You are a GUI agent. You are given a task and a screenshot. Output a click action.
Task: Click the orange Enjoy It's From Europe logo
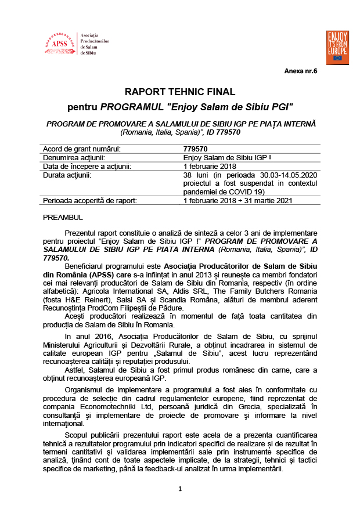(x=337, y=46)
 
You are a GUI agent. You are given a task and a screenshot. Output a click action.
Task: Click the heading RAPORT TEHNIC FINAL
(x=180, y=92)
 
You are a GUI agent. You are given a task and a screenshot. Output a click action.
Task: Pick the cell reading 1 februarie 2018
(x=207, y=166)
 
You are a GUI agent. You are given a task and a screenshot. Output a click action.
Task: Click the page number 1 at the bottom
(x=181, y=489)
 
